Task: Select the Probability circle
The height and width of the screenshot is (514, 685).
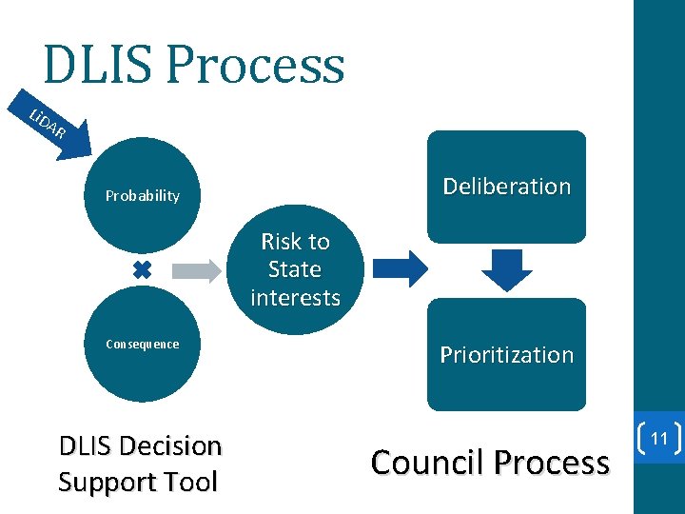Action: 143,196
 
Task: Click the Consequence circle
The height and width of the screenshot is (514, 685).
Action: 143,345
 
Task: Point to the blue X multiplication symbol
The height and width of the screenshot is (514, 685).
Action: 142,270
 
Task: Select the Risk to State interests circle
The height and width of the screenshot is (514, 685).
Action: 295,270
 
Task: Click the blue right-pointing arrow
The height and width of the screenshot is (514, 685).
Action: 399,269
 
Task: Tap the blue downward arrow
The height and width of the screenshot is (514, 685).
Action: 506,269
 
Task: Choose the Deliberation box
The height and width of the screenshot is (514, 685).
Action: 506,187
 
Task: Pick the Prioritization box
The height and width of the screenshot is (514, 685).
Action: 506,355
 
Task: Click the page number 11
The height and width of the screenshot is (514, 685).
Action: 657,439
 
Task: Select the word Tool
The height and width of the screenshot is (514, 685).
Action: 192,482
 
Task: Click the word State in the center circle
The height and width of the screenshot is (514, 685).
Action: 295,269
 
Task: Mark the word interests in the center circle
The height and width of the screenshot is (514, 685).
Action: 295,298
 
